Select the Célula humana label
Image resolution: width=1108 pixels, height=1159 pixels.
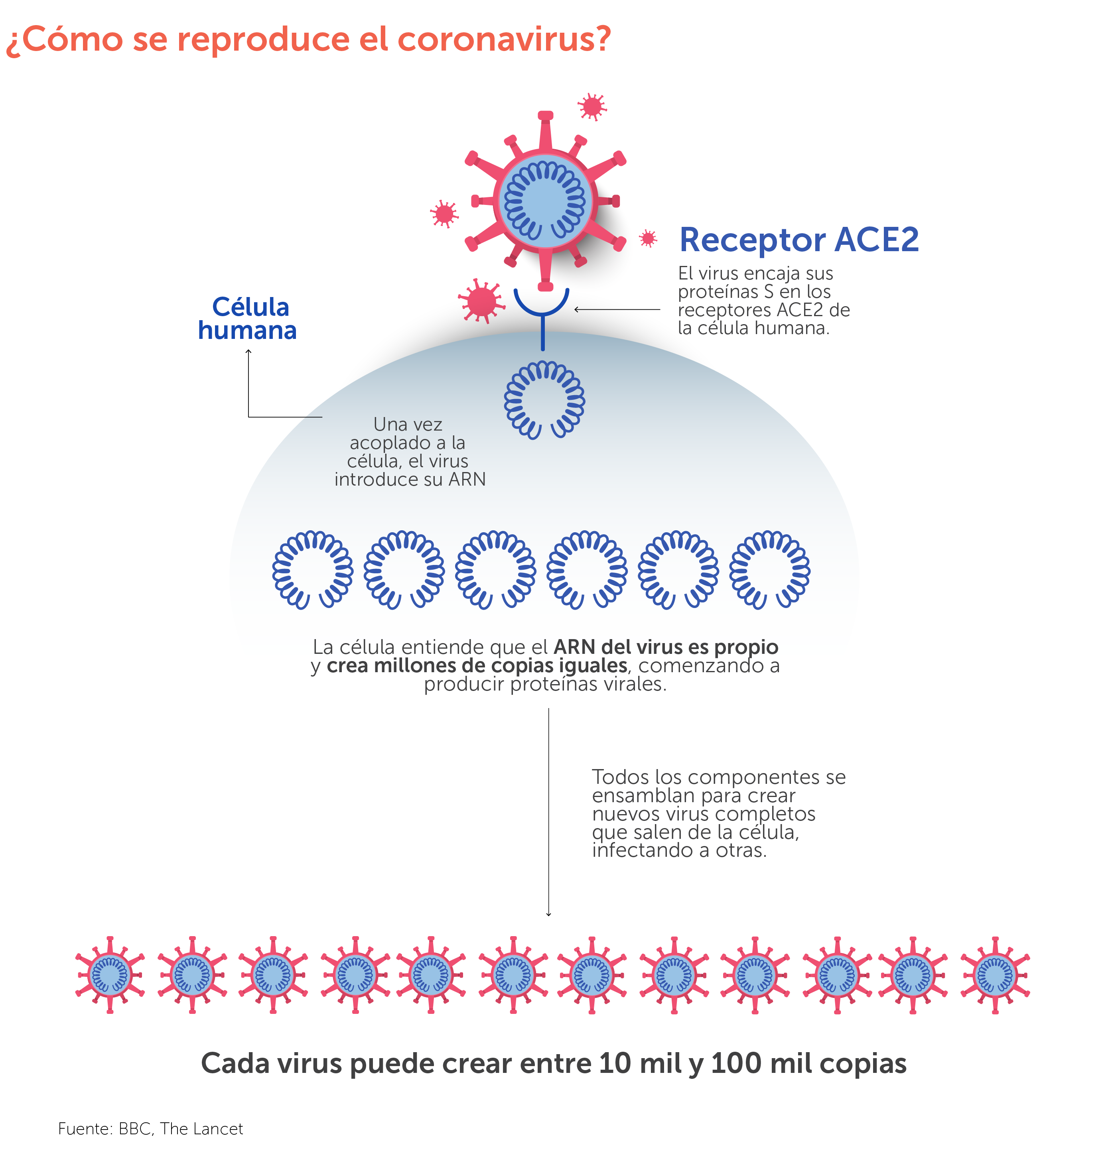point(248,319)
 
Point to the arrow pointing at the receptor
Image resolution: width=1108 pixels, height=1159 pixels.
point(617,309)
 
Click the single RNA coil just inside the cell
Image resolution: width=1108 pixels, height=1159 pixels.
point(544,400)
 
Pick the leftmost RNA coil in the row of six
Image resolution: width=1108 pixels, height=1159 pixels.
point(312,569)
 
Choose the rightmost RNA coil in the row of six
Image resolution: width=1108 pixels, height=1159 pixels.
point(769,569)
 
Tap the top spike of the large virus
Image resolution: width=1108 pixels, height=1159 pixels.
point(546,130)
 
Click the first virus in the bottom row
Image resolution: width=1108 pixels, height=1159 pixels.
point(110,975)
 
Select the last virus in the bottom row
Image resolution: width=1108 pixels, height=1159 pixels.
point(995,975)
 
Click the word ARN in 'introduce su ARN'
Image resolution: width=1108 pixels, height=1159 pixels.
point(467,479)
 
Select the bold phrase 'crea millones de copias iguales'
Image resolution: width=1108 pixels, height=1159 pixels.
point(477,665)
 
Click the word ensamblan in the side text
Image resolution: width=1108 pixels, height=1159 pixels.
point(643,795)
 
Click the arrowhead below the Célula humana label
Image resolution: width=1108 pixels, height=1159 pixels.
point(248,352)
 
